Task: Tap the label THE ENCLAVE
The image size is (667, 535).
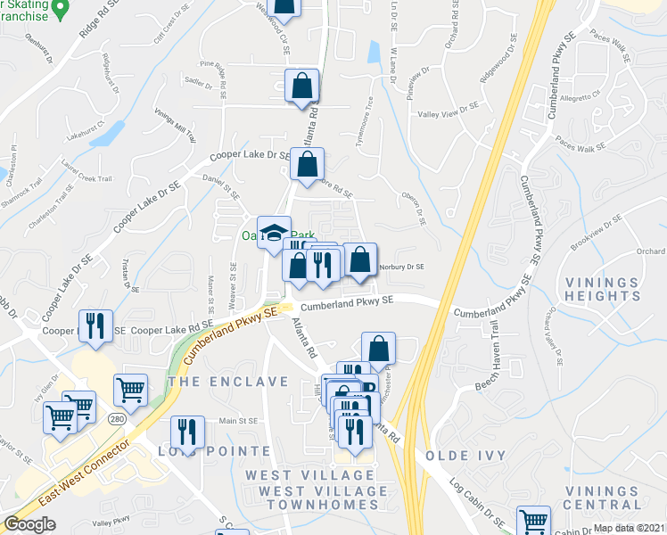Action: pyautogui.click(x=228, y=382)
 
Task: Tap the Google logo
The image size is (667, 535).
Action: pyautogui.click(x=29, y=524)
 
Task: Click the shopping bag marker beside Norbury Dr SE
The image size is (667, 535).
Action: pyautogui.click(x=359, y=260)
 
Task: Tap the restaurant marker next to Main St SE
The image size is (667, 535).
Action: pyautogui.click(x=187, y=432)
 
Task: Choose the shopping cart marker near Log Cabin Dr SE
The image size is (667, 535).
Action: pyautogui.click(x=533, y=521)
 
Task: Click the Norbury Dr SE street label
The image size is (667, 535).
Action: pyautogui.click(x=400, y=266)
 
